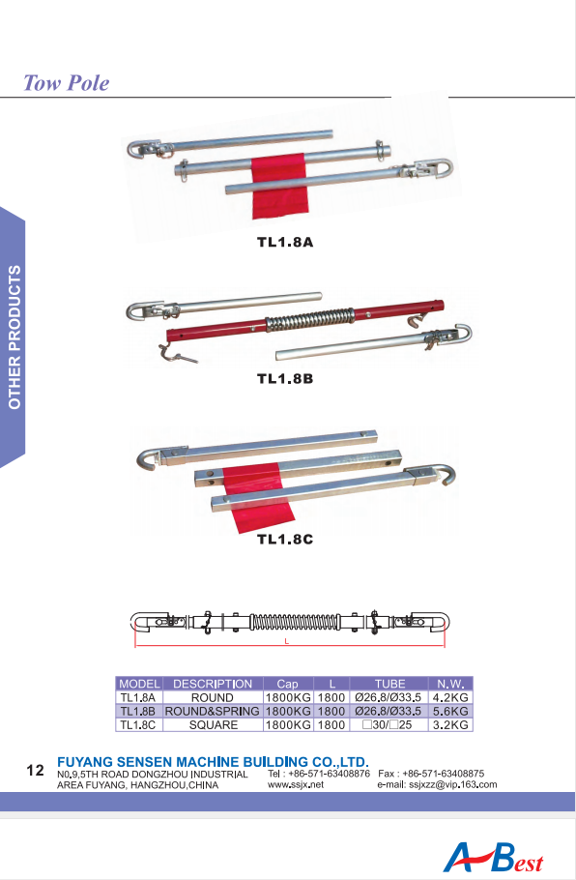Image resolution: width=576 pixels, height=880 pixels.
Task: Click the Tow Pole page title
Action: click(66, 83)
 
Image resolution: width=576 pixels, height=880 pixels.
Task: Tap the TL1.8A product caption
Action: click(285, 243)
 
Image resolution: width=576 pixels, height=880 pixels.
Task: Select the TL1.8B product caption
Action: click(285, 379)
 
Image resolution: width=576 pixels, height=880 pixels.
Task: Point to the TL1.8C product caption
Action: click(285, 540)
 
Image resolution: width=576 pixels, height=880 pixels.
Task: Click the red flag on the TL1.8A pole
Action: click(280, 187)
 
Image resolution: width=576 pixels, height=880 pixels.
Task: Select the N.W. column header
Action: click(450, 684)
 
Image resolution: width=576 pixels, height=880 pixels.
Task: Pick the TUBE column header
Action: click(389, 684)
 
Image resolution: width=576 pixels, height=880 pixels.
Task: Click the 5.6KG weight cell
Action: click(450, 711)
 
